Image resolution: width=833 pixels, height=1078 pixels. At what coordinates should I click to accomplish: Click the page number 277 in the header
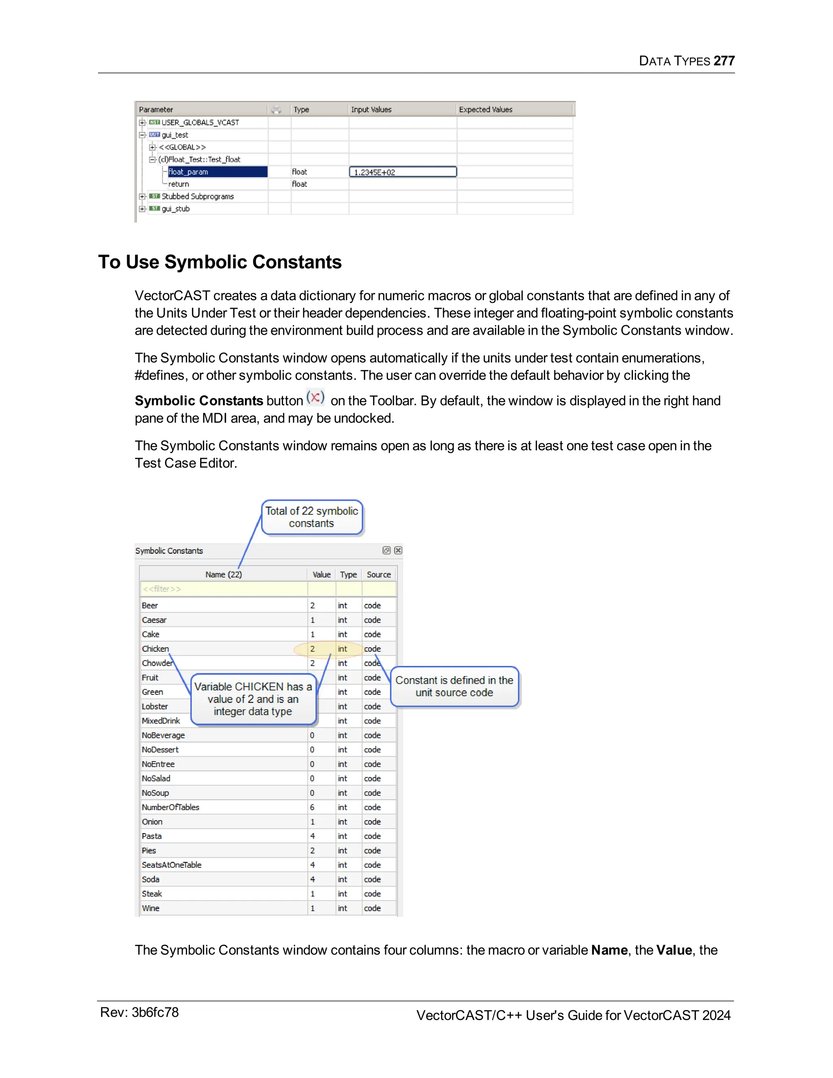pos(724,61)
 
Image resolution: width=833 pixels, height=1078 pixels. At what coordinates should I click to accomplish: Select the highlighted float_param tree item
pos(188,172)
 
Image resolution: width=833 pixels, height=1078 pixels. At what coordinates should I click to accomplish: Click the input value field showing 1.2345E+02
pos(402,172)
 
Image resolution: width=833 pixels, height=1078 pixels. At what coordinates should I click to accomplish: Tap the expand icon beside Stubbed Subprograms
pos(142,196)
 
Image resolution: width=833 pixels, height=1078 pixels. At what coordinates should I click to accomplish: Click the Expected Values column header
pos(485,109)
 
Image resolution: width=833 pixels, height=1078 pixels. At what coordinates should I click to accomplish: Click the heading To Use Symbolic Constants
pos(220,262)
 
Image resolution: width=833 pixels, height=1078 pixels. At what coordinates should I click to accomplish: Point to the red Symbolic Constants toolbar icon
pos(315,397)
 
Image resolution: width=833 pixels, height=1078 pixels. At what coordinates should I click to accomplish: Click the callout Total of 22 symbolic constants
pos(312,517)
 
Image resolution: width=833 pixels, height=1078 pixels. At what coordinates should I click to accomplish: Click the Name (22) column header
pos(224,574)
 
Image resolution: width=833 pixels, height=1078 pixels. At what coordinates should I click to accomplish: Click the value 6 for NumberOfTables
pos(312,807)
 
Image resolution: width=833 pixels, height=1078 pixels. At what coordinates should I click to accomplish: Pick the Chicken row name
pos(155,648)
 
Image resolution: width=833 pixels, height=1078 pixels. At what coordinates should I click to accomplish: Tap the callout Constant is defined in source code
pos(454,686)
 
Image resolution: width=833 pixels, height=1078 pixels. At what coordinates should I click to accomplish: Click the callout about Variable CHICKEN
pos(253,699)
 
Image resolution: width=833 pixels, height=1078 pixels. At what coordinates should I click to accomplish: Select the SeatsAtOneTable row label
pos(171,865)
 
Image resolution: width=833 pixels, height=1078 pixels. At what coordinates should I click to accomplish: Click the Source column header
pos(379,574)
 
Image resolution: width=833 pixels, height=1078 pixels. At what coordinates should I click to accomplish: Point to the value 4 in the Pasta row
pos(312,836)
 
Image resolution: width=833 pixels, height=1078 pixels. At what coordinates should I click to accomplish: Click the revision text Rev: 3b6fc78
pos(139,1013)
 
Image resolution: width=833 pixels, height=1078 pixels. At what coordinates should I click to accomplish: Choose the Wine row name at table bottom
pos(150,908)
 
